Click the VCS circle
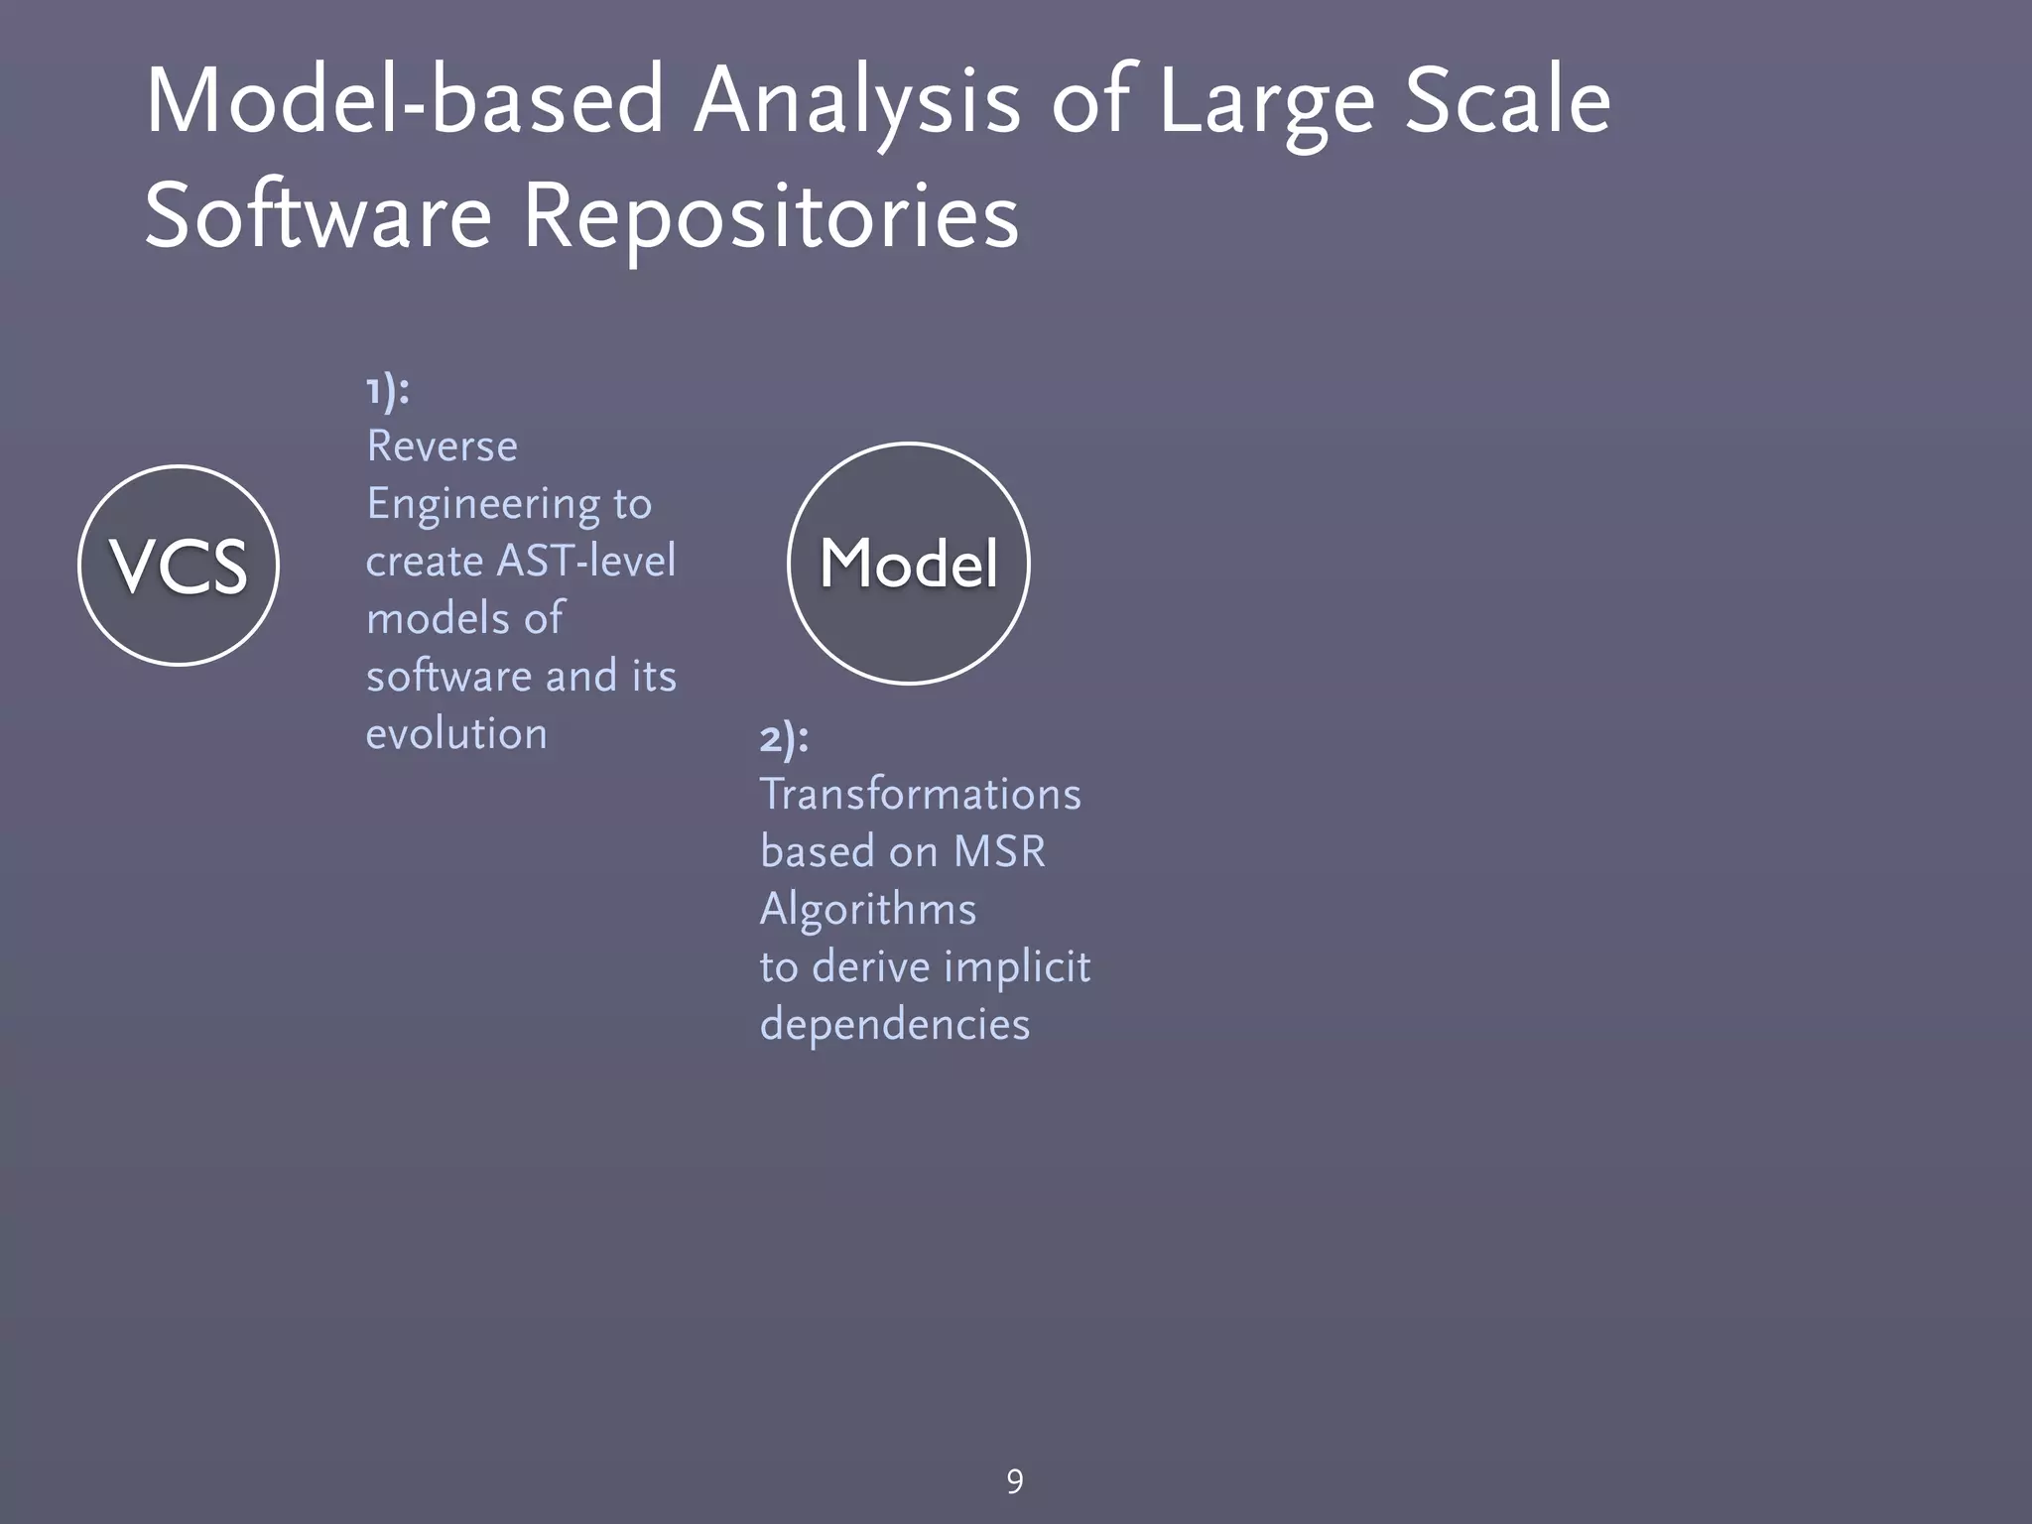pos(179,566)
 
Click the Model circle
pos(908,564)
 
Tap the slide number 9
pos(1014,1481)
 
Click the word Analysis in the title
pos(856,102)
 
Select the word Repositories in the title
pos(770,216)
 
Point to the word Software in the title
pos(317,216)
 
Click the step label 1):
pos(387,391)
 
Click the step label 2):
pos(784,738)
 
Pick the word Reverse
pos(442,446)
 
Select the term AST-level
pos(585,562)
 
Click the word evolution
pos(456,734)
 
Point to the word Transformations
pos(920,795)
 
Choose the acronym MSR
pos(999,852)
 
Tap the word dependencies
pos(894,1025)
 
